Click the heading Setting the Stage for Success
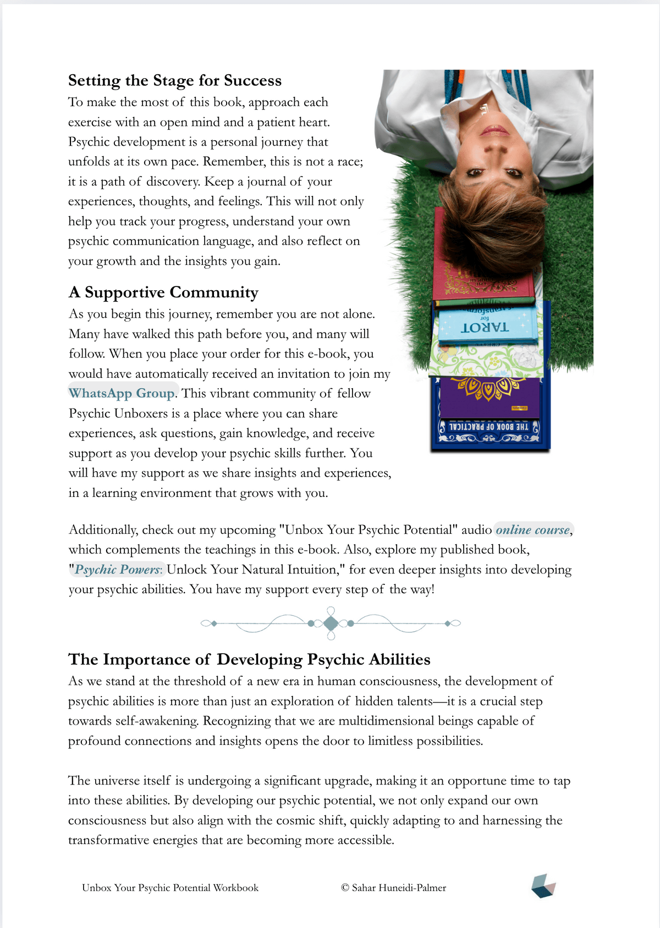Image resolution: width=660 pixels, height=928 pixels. click(x=174, y=81)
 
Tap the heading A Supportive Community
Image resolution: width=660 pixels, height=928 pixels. click(x=163, y=292)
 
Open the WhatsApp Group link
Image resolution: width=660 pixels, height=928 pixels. click(x=122, y=394)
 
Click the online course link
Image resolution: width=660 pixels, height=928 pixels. click(x=532, y=530)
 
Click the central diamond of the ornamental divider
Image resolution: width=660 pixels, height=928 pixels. click(x=331, y=623)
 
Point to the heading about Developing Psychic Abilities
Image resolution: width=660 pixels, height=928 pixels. click(x=249, y=660)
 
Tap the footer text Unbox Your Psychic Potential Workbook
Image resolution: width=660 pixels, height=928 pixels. click(x=170, y=888)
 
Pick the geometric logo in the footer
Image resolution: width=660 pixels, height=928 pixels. click(x=543, y=886)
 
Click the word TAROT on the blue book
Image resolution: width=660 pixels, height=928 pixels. click(x=485, y=328)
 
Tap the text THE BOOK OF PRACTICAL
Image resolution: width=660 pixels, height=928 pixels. click(x=488, y=427)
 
